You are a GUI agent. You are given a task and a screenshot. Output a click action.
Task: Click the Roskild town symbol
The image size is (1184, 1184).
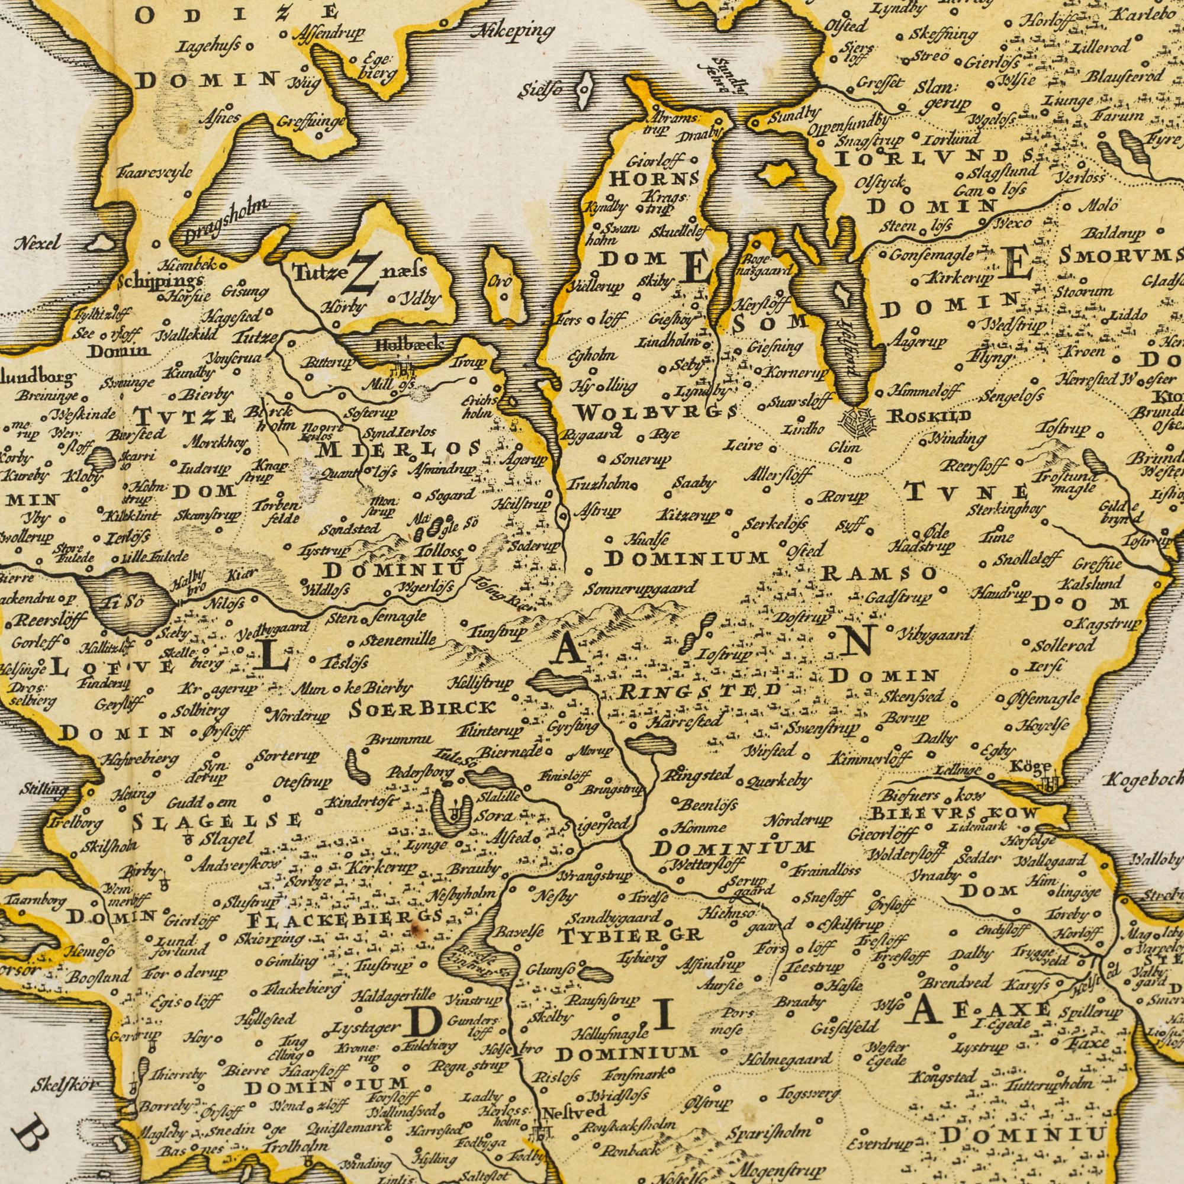coord(858,419)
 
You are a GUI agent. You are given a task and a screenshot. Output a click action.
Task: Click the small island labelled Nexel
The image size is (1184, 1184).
coord(102,244)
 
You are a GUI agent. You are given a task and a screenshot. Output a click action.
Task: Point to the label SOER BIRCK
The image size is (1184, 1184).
coord(422,708)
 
